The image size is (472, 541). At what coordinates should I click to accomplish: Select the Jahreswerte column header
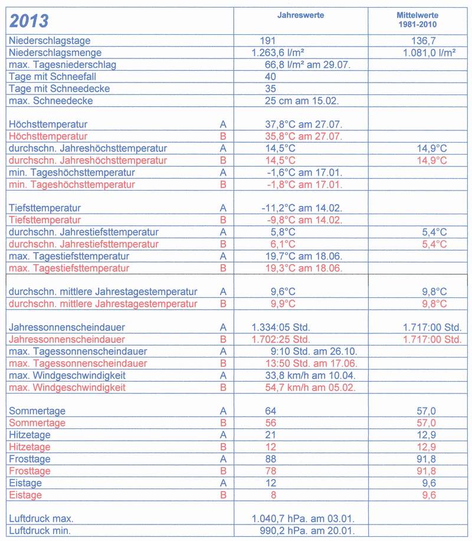300,14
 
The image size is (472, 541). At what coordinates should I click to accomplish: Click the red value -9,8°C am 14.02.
301,220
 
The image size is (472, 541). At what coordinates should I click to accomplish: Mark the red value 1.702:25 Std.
281,339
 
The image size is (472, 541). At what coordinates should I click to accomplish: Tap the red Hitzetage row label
29,447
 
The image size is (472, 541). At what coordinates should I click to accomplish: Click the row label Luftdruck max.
41,519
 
